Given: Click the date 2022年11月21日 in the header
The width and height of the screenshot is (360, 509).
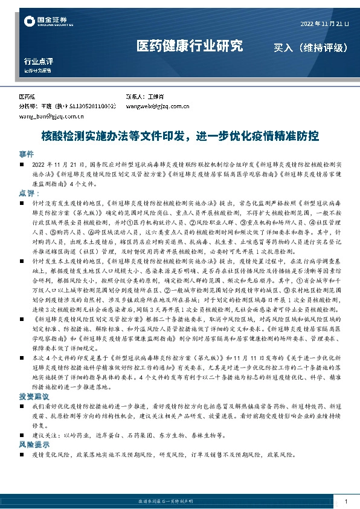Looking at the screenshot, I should pos(324,24).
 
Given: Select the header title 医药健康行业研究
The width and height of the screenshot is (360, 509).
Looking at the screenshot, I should pos(189,46).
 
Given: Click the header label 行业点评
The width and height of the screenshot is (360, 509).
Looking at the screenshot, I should pos(39,61).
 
